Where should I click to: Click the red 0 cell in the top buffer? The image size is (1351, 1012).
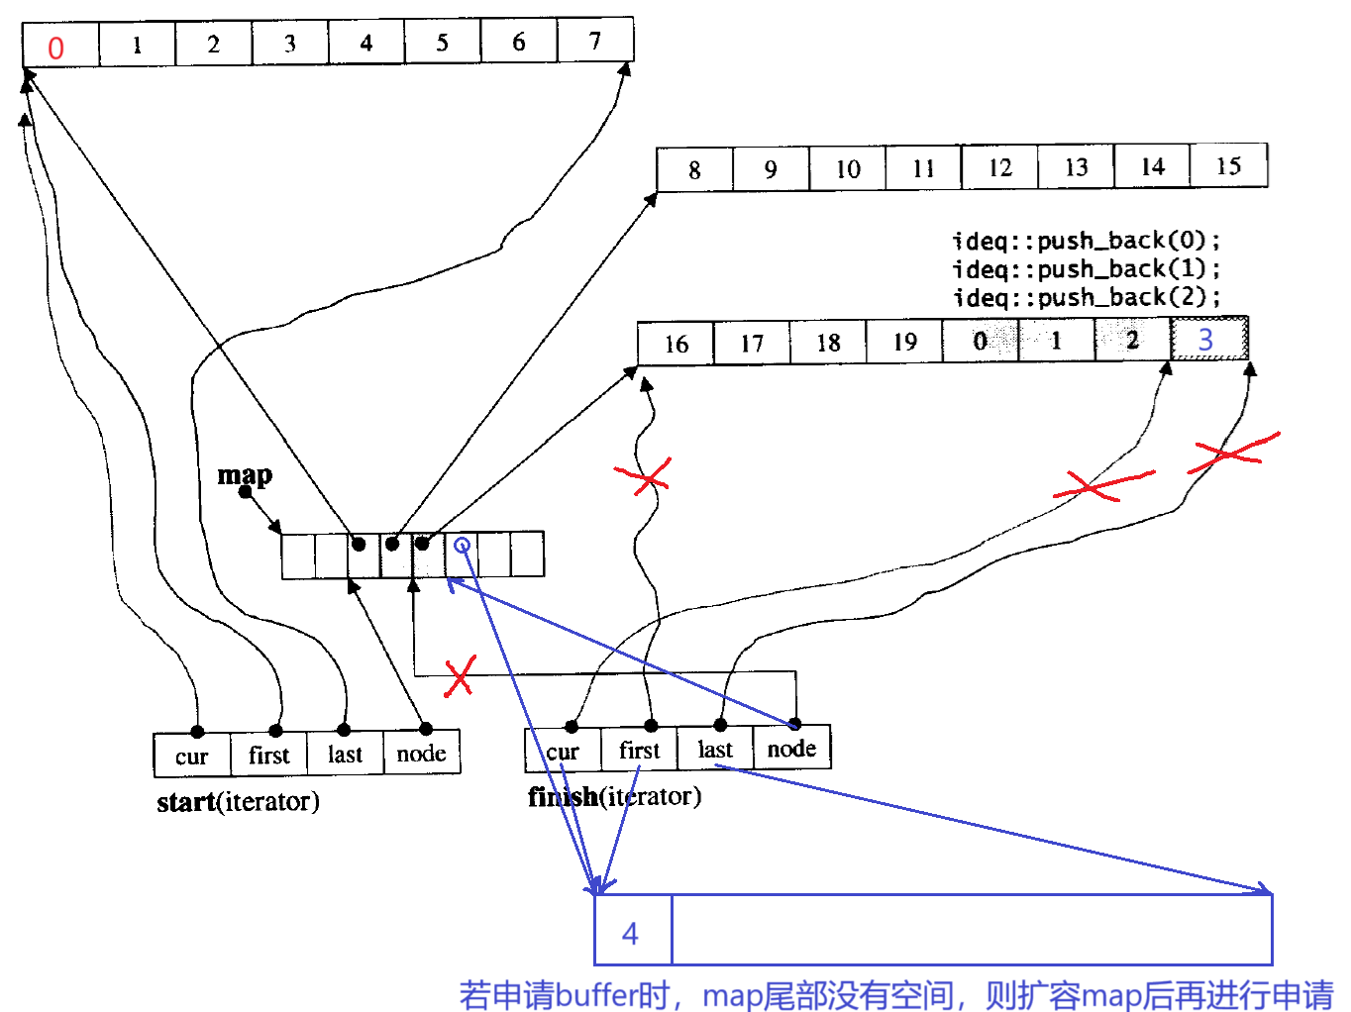pyautogui.click(x=56, y=47)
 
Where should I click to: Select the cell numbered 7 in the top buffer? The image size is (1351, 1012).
pyautogui.click(x=595, y=42)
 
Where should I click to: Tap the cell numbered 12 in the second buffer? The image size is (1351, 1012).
pyautogui.click(x=1000, y=167)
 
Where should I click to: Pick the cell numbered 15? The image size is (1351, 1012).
pyautogui.click(x=1228, y=165)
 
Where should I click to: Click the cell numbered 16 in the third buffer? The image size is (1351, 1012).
pyautogui.click(x=675, y=344)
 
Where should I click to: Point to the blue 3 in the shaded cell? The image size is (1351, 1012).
pyautogui.click(x=1205, y=340)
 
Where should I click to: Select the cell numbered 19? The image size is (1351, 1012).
pyautogui.click(x=904, y=342)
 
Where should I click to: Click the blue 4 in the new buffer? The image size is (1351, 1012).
pyautogui.click(x=630, y=933)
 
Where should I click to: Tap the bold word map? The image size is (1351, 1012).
pyautogui.click(x=245, y=475)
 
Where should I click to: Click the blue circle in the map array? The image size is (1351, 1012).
pyautogui.click(x=462, y=545)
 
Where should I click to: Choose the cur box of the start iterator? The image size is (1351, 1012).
pyautogui.click(x=192, y=757)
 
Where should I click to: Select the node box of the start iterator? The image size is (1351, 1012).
pyautogui.click(x=421, y=755)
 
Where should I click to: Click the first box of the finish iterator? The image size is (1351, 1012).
pyautogui.click(x=639, y=751)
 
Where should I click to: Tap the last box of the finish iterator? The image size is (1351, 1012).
pyautogui.click(x=715, y=751)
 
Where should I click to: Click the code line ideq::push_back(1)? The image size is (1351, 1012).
pyautogui.click(x=1087, y=269)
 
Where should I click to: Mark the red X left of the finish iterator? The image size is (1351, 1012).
pyautogui.click(x=460, y=677)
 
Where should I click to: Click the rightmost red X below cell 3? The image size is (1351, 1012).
pyautogui.click(x=1231, y=453)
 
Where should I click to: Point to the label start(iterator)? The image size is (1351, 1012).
pyautogui.click(x=238, y=801)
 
